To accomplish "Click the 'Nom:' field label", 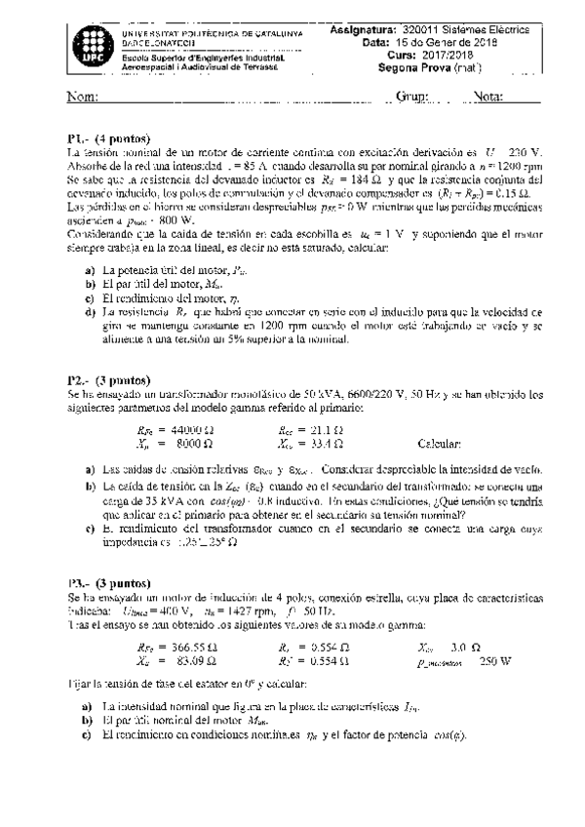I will click(x=82, y=98).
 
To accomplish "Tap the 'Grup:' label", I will click(x=413, y=98).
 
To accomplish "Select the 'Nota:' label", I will click(x=487, y=98).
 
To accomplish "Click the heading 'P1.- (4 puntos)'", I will click(x=108, y=138).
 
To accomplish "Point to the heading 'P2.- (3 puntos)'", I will click(x=108, y=380).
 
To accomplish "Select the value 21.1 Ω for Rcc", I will click(x=325, y=428).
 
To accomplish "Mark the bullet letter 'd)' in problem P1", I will click(x=90, y=311).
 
